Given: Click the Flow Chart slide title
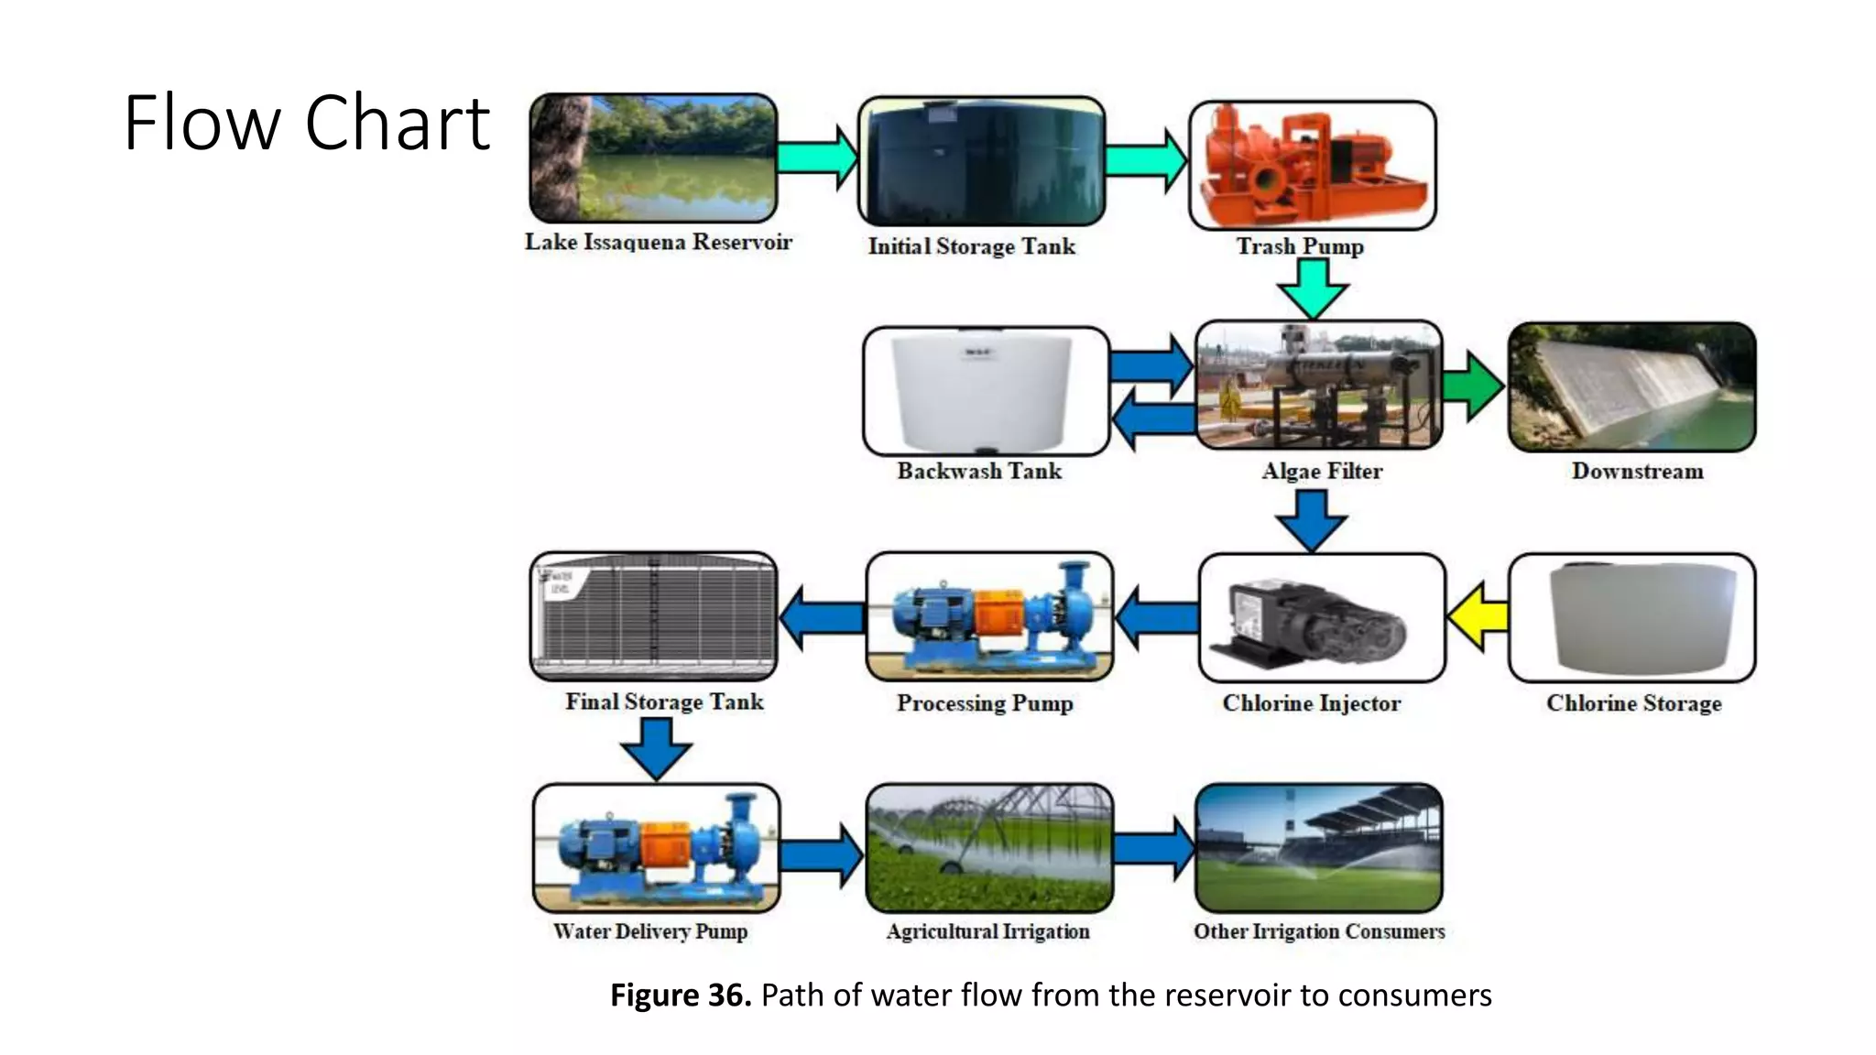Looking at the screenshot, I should click(307, 123).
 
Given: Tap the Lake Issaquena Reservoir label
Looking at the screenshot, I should click(658, 242).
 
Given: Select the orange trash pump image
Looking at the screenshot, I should click(1312, 165).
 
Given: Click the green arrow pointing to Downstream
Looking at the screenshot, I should click(1472, 386).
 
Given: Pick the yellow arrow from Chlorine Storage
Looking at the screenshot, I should click(1478, 616).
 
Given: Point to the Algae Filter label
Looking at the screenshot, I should click(1321, 471).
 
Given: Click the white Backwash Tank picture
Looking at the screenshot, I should click(986, 392).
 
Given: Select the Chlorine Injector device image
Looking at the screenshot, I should click(1321, 618).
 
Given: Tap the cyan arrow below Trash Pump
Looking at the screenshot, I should click(1313, 288).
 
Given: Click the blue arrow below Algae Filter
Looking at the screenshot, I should click(1311, 519).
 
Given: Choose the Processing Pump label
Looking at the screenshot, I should click(985, 702).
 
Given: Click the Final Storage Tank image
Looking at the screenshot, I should click(653, 616).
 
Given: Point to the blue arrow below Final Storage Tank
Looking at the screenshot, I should click(656, 747).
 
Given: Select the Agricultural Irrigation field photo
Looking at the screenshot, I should click(989, 847).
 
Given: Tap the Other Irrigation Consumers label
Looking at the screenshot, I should click(1318, 931).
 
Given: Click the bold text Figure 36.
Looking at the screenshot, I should click(681, 995).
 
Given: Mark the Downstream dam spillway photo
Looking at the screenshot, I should click(1631, 386).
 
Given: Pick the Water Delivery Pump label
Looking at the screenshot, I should click(649, 931).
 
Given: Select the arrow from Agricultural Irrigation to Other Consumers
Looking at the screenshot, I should click(1154, 849).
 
